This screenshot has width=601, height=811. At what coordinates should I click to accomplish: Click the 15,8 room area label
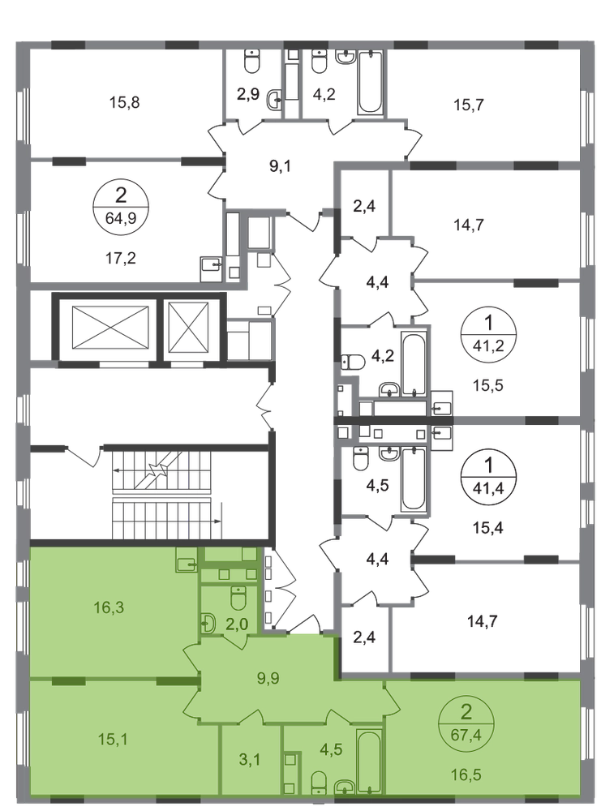coord(124,102)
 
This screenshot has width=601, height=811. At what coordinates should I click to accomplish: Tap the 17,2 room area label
coord(121,258)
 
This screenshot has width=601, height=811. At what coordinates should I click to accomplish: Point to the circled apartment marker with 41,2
coord(488,335)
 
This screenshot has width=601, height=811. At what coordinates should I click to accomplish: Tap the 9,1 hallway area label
coord(281,166)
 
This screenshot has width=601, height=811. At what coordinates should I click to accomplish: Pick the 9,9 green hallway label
coord(268,677)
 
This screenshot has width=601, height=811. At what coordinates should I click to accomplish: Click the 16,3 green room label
coord(109,607)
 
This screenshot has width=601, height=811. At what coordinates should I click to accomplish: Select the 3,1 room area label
coord(249,760)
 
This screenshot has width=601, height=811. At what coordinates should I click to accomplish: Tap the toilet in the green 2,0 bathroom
coord(238,598)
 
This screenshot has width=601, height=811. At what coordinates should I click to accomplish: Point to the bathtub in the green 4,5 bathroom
coord(369,761)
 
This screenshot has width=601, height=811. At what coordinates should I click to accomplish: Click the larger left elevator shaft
coord(110,328)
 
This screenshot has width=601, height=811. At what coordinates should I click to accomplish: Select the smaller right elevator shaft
coord(188,328)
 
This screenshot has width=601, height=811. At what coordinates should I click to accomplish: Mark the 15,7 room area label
coord(469,105)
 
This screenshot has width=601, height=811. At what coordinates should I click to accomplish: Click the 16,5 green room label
coord(466,775)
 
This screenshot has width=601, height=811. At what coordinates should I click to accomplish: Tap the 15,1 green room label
coord(113,740)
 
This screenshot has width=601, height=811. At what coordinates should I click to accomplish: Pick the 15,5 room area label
coord(488,385)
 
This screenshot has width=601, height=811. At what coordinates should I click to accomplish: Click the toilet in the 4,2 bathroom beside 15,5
coord(354,362)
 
